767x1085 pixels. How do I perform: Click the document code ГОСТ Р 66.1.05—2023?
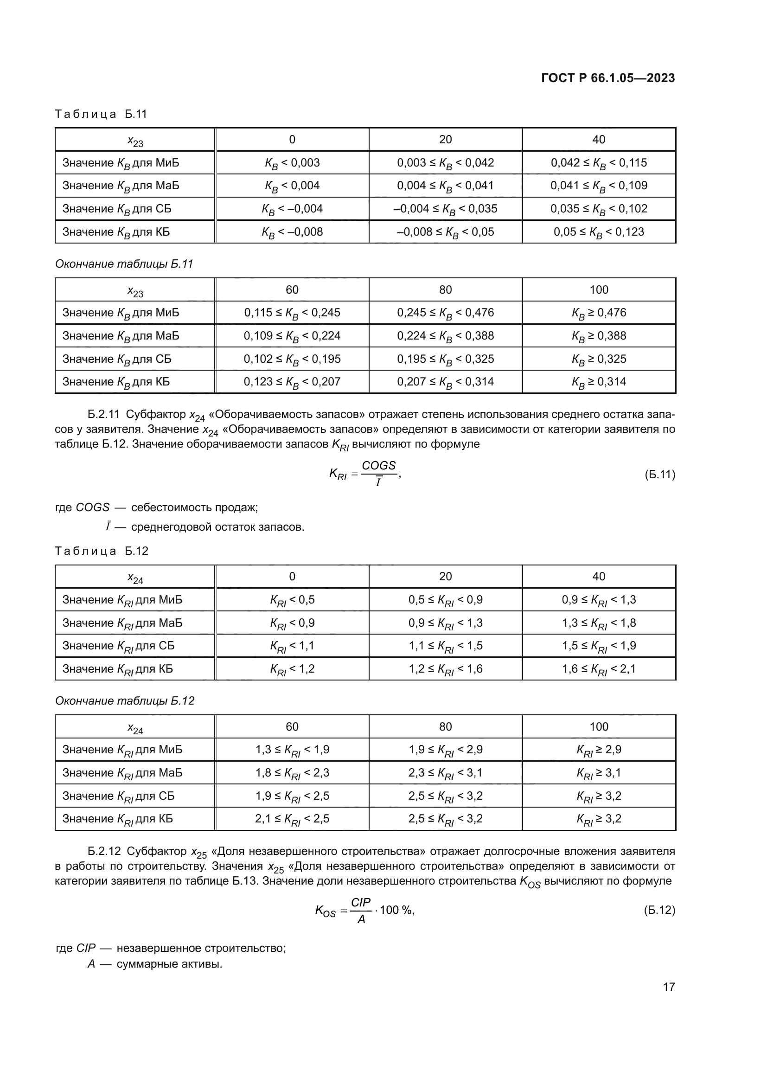608,78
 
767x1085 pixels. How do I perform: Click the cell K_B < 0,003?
292,163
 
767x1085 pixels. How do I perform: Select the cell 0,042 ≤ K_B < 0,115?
598,163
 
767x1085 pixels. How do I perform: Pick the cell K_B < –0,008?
292,232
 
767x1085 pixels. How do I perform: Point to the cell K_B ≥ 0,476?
598,313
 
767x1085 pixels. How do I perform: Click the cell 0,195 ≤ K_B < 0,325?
445,359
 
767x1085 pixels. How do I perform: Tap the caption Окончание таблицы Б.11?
124,263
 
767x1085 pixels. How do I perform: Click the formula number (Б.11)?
660,475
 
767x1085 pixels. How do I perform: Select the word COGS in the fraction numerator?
378,465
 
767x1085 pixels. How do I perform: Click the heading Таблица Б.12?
102,551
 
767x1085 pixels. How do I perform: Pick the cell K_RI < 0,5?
292,600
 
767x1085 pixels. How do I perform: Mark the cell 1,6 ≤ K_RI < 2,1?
598,669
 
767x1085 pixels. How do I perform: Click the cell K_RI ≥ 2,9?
598,750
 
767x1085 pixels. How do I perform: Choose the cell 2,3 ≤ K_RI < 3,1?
445,773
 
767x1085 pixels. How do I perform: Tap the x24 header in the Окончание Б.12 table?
135,728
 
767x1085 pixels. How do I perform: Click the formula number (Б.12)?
659,910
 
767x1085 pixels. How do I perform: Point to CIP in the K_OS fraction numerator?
361,902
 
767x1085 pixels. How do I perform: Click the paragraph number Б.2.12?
104,852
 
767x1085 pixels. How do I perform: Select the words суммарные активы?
169,964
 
